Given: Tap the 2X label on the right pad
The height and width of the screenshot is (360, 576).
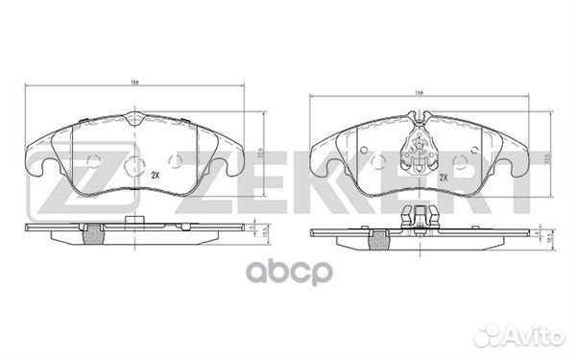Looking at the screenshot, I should click(444, 178).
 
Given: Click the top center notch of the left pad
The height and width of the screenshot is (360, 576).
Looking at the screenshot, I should click(133, 121).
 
